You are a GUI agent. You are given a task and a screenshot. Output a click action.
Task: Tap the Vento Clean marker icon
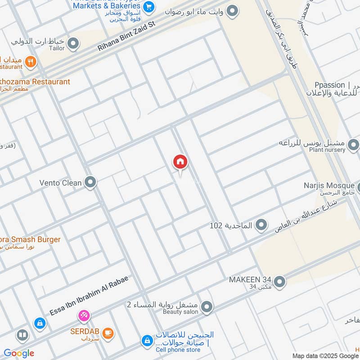click(91, 183)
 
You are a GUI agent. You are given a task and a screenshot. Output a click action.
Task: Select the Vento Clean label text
click(61, 183)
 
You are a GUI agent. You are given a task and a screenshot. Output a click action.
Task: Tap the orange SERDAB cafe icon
click(108, 333)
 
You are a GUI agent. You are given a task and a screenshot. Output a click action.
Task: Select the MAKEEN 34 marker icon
click(280, 282)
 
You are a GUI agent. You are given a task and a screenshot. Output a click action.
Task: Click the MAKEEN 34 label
click(250, 279)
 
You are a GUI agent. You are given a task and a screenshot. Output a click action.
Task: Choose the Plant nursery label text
click(328, 150)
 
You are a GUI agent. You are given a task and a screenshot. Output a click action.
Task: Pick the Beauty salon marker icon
click(207, 307)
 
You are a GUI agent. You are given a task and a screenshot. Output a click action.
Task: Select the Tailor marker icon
click(73, 44)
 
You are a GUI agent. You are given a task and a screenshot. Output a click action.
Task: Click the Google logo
click(19, 353)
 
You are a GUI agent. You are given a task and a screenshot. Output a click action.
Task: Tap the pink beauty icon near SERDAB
click(84, 316)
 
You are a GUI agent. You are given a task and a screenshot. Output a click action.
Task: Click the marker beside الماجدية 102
click(261, 225)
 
